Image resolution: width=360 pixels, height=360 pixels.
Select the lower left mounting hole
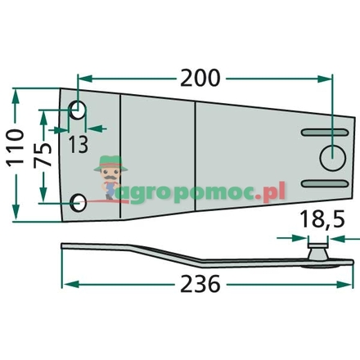click(79, 202)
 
